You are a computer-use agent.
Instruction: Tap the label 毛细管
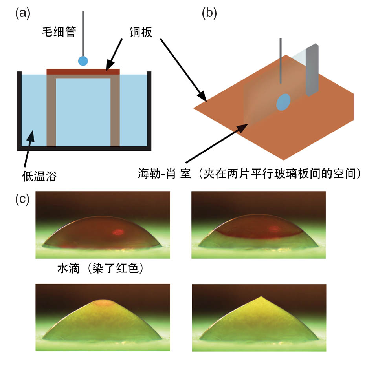59,32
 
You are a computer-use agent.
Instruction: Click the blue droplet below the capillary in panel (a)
83,60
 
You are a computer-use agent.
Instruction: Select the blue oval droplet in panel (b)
283,102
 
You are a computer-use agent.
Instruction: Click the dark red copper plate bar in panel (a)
83,71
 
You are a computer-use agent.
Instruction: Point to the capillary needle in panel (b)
280,61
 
